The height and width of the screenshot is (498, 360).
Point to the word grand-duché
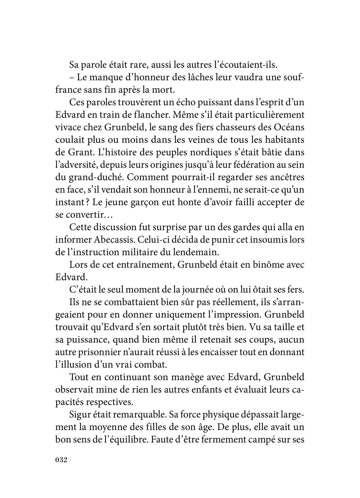click(93, 177)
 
